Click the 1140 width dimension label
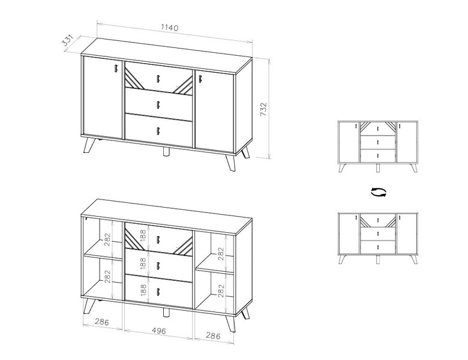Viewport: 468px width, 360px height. (170, 28)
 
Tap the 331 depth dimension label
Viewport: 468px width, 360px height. (67, 41)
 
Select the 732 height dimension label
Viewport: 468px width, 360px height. (263, 109)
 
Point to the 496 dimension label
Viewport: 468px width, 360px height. (158, 331)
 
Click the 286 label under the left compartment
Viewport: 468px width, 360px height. (102, 322)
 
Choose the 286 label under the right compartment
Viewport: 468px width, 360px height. (213, 336)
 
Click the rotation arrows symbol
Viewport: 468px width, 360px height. (379, 192)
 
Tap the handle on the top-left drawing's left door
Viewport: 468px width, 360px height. (115, 68)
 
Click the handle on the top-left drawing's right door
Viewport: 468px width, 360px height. (200, 79)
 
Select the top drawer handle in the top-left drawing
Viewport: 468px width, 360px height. (158, 79)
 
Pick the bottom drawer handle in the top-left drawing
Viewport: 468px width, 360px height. (158, 131)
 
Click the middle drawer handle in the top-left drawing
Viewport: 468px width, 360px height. (158, 105)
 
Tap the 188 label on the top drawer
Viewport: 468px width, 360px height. (143, 236)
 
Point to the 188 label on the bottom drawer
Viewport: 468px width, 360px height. (143, 290)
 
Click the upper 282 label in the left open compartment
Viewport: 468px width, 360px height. (107, 239)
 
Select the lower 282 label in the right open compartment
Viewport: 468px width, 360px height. (221, 290)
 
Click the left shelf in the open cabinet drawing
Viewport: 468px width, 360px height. (103, 250)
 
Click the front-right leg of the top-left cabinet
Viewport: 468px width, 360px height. (230, 162)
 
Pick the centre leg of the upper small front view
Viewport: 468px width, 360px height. (378, 168)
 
